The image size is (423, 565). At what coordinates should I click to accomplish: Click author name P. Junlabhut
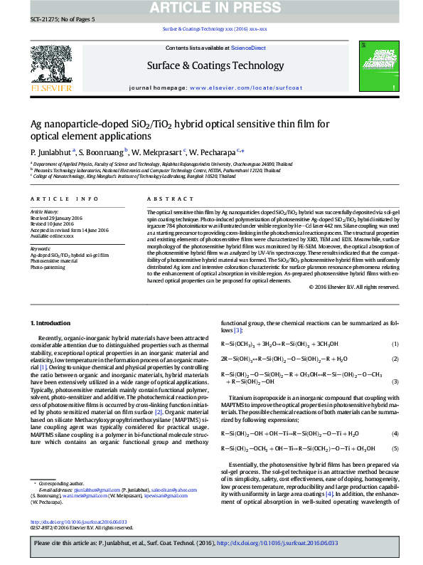click(x=50, y=152)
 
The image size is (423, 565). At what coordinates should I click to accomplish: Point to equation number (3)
click(x=395, y=381)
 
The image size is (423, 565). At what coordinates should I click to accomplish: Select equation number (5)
click(x=395, y=448)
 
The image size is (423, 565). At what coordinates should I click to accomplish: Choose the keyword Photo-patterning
click(x=47, y=267)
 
